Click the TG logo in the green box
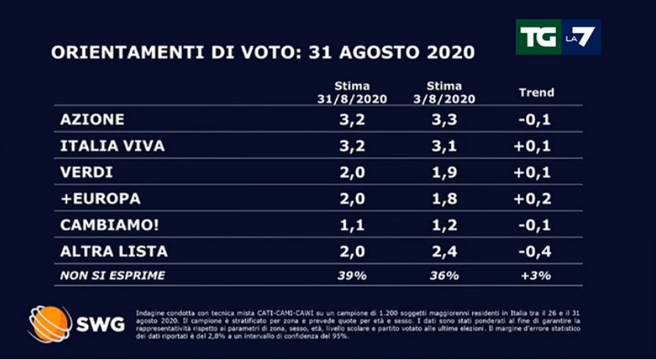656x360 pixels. pyautogui.click(x=538, y=37)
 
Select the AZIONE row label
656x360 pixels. pyautogui.click(x=92, y=119)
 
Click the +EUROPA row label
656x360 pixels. pyautogui.click(x=100, y=199)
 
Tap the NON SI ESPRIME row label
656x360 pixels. pyautogui.click(x=113, y=275)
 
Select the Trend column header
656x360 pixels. pyautogui.click(x=537, y=92)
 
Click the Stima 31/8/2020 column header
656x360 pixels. pyautogui.click(x=352, y=92)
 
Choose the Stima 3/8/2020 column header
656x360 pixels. pyautogui.click(x=445, y=92)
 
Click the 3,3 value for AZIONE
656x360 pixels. pyautogui.click(x=445, y=119)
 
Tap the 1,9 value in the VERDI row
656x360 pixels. pyautogui.click(x=445, y=172)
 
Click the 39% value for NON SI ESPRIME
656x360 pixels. pyautogui.click(x=352, y=275)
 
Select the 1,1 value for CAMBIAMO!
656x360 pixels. pyautogui.click(x=352, y=225)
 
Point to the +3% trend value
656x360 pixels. pyautogui.click(x=537, y=275)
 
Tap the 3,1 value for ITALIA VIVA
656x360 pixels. pyautogui.click(x=445, y=146)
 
